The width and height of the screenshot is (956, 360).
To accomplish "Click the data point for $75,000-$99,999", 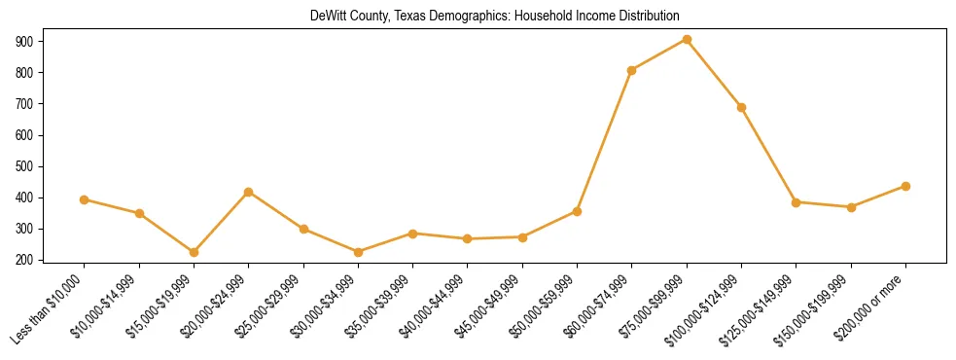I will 687,40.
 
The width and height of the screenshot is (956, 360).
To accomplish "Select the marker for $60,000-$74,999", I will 632,70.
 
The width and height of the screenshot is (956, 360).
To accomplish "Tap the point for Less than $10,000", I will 85,199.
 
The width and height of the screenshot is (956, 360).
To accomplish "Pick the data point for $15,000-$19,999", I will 194,252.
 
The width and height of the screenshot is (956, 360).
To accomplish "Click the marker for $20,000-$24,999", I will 249,192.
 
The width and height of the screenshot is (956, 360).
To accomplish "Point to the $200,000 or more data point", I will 905,186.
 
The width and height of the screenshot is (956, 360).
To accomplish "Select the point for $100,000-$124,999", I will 741,107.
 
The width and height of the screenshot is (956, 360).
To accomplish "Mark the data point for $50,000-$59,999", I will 577,211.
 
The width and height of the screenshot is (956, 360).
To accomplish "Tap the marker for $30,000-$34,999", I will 358,252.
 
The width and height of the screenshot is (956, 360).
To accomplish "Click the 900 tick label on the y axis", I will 25,42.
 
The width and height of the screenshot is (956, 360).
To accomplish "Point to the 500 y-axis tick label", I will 25,166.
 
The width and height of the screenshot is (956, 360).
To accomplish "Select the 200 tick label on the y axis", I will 25,260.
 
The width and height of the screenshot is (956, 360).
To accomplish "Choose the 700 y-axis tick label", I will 25,104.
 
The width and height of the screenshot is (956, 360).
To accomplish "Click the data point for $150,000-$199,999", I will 851,207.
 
